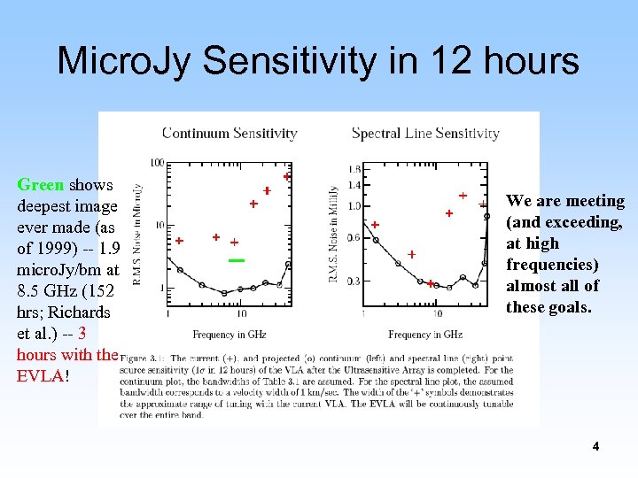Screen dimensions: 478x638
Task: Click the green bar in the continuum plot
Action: pyautogui.click(x=236, y=260)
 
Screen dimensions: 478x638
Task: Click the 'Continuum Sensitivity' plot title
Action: pyautogui.click(x=230, y=134)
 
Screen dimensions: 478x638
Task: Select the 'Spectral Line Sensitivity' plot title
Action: pyautogui.click(x=425, y=134)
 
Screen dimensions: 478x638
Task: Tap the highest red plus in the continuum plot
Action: pyautogui.click(x=286, y=177)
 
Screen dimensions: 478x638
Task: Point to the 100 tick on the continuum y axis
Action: pyautogui.click(x=157, y=163)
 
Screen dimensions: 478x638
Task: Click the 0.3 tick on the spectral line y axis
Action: pyautogui.click(x=354, y=281)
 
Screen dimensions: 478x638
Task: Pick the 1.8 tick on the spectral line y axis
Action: pyautogui.click(x=354, y=168)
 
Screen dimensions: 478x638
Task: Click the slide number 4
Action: pyautogui.click(x=595, y=447)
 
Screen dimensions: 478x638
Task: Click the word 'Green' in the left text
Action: pyautogui.click(x=40, y=185)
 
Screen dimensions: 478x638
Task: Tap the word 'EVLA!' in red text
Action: pyautogui.click(x=41, y=375)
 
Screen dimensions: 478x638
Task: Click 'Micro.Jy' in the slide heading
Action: pyautogui.click(x=125, y=61)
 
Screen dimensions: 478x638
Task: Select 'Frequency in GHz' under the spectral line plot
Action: pyautogui.click(x=424, y=335)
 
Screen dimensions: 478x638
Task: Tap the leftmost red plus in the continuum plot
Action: pyautogui.click(x=179, y=241)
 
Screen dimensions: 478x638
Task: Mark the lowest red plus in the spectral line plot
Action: pyautogui.click(x=430, y=284)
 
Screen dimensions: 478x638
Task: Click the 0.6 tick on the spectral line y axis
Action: pyautogui.click(x=354, y=237)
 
